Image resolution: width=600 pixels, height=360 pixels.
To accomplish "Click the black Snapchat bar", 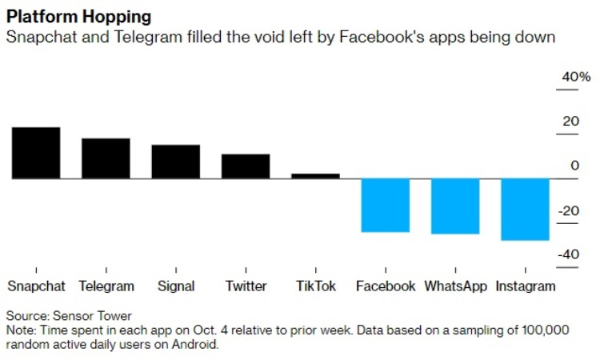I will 36,153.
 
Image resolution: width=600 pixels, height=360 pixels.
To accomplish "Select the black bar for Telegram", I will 106,158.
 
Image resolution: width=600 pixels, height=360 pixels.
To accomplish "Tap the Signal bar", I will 176,162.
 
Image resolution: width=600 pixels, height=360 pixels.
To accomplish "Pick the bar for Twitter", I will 246,166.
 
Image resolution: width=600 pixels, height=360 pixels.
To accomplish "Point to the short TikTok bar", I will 315,176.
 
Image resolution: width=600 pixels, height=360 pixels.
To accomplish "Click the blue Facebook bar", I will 386,206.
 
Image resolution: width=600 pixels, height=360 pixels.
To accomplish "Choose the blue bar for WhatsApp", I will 455,206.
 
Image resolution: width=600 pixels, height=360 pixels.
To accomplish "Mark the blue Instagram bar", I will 525,210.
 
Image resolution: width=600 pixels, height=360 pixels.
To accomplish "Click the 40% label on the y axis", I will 576,78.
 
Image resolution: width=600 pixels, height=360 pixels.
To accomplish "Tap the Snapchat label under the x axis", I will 36,286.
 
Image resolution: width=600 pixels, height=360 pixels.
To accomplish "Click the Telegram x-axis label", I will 106,286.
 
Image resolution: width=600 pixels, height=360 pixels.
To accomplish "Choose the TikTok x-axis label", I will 315,286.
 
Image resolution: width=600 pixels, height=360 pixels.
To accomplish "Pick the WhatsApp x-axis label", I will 455,286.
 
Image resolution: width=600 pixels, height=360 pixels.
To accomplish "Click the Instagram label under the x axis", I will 526,286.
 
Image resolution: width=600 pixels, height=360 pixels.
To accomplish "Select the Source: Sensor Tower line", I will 69,316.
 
